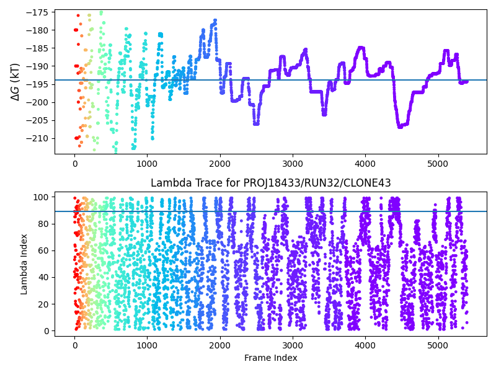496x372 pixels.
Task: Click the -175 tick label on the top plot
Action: (x=40, y=12)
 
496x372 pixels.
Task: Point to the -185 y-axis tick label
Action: (x=40, y=48)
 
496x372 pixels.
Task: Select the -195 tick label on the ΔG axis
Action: (x=40, y=84)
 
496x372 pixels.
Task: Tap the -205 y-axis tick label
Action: (x=40, y=120)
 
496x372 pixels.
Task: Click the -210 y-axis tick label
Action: (x=40, y=138)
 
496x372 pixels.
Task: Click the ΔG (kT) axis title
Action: (x=15, y=81)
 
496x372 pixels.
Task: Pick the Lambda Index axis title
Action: (x=25, y=263)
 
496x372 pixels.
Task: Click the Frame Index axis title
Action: (x=270, y=358)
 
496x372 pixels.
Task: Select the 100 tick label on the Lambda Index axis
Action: (x=43, y=197)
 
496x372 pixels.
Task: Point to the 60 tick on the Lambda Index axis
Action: (x=45, y=250)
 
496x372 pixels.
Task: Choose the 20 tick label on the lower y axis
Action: (x=45, y=304)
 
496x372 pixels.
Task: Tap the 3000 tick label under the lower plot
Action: (x=293, y=345)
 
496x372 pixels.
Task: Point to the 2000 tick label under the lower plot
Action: (x=220, y=345)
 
